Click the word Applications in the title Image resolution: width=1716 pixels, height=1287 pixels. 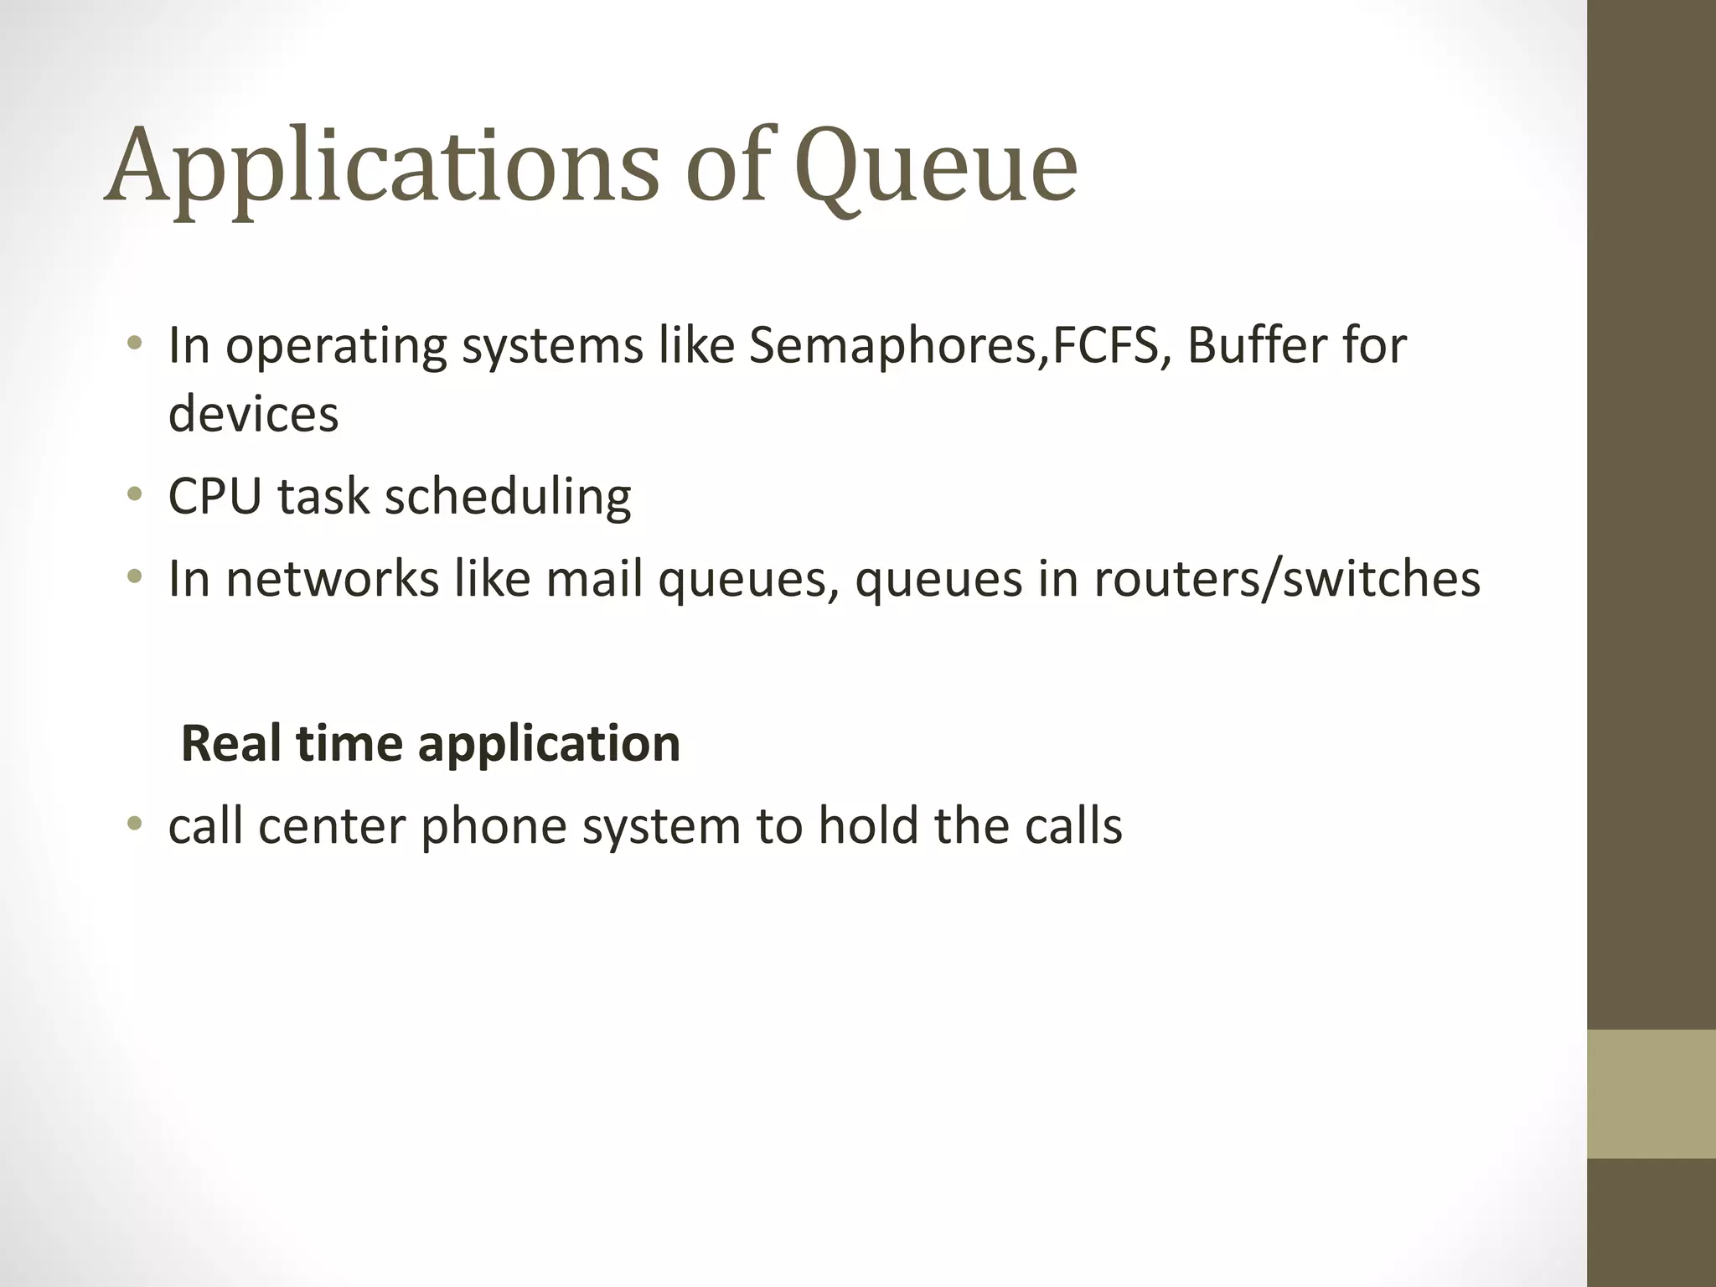click(x=382, y=165)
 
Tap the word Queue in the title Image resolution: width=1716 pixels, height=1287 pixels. click(x=936, y=165)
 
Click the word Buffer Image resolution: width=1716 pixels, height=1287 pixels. click(x=1254, y=345)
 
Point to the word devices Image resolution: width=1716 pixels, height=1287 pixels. click(x=253, y=414)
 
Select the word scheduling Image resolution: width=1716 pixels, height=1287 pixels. click(x=508, y=496)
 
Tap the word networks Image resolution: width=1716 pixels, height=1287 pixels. click(x=332, y=578)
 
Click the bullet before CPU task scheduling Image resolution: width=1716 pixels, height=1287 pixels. click(x=135, y=494)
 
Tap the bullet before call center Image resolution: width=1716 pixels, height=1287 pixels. click(x=135, y=824)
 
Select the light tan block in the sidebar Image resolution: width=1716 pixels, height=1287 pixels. click(x=1651, y=1093)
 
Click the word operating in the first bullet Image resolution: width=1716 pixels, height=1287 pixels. click(x=336, y=345)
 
